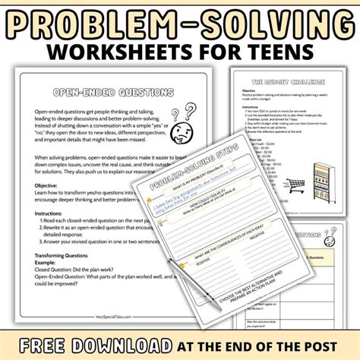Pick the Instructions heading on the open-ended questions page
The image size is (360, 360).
[x=52, y=236]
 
